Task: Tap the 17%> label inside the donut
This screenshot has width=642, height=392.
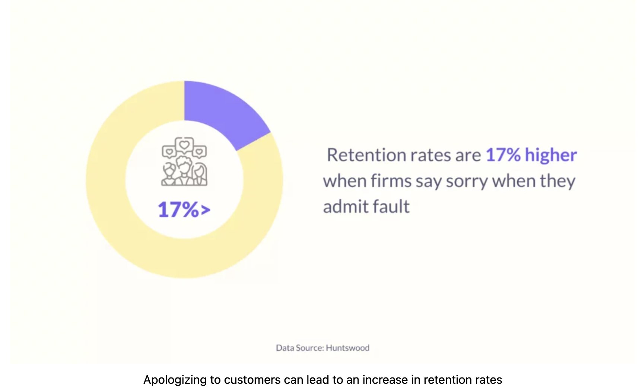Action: point(184,209)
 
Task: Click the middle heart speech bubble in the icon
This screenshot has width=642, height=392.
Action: point(184,145)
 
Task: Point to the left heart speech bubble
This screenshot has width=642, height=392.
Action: point(169,152)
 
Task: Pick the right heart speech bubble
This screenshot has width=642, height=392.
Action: point(199,152)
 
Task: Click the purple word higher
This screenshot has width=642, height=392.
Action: point(551,155)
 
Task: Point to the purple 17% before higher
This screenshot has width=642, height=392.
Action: point(503,155)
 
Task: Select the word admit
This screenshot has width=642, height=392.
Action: point(345,207)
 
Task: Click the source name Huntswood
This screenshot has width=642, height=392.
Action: point(347,348)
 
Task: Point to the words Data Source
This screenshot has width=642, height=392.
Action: point(300,348)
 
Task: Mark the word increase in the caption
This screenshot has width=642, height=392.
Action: point(385,380)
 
